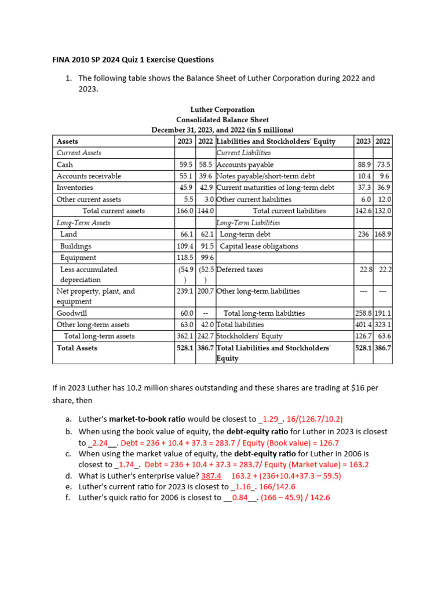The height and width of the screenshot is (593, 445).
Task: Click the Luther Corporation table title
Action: point(222,109)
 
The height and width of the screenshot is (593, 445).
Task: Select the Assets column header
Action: point(67,141)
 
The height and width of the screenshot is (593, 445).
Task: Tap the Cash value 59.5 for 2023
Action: point(185,165)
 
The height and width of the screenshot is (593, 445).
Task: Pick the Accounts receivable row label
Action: point(89,176)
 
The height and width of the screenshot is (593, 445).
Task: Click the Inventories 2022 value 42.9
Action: point(206,188)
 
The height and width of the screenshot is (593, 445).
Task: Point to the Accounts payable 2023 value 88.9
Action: point(363,165)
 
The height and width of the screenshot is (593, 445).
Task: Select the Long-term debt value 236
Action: point(363,235)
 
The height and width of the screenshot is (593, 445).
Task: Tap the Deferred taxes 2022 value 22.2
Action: point(383,269)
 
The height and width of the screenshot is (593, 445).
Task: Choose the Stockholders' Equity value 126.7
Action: point(363,336)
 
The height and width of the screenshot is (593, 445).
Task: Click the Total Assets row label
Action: point(77,348)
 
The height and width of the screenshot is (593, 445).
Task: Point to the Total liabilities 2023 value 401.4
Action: point(363,325)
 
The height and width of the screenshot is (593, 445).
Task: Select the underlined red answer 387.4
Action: point(211,476)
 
